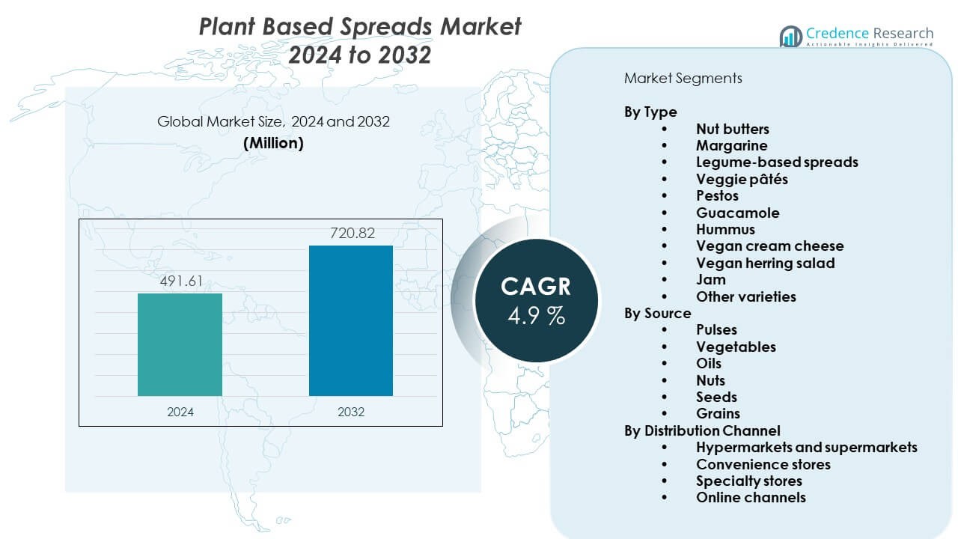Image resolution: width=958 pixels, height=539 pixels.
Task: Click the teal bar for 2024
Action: [180, 344]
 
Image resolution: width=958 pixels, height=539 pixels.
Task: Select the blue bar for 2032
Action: [351, 320]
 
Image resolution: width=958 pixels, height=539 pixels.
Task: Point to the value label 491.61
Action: [180, 282]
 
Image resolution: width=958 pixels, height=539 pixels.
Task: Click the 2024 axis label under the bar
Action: [180, 412]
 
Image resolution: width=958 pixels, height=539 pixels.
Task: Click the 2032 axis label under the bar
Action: [351, 412]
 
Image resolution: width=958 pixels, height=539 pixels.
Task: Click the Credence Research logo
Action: [856, 36]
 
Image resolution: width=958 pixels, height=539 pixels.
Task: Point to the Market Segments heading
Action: [683, 78]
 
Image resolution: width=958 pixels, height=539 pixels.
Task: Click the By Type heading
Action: [650, 112]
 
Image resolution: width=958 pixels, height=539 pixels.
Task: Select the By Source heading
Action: [658, 313]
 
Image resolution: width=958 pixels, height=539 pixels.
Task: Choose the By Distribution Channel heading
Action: [702, 430]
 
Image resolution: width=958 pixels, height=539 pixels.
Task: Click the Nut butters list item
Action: [732, 129]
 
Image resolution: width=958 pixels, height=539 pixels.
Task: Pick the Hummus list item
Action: [725, 229]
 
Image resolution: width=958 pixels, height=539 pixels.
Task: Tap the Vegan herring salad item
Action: [765, 263]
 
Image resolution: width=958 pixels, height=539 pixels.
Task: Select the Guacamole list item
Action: [737, 213]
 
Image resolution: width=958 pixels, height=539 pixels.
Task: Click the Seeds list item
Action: [716, 397]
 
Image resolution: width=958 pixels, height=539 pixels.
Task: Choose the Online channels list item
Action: [751, 497]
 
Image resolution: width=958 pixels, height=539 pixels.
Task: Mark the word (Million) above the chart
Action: [273, 144]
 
